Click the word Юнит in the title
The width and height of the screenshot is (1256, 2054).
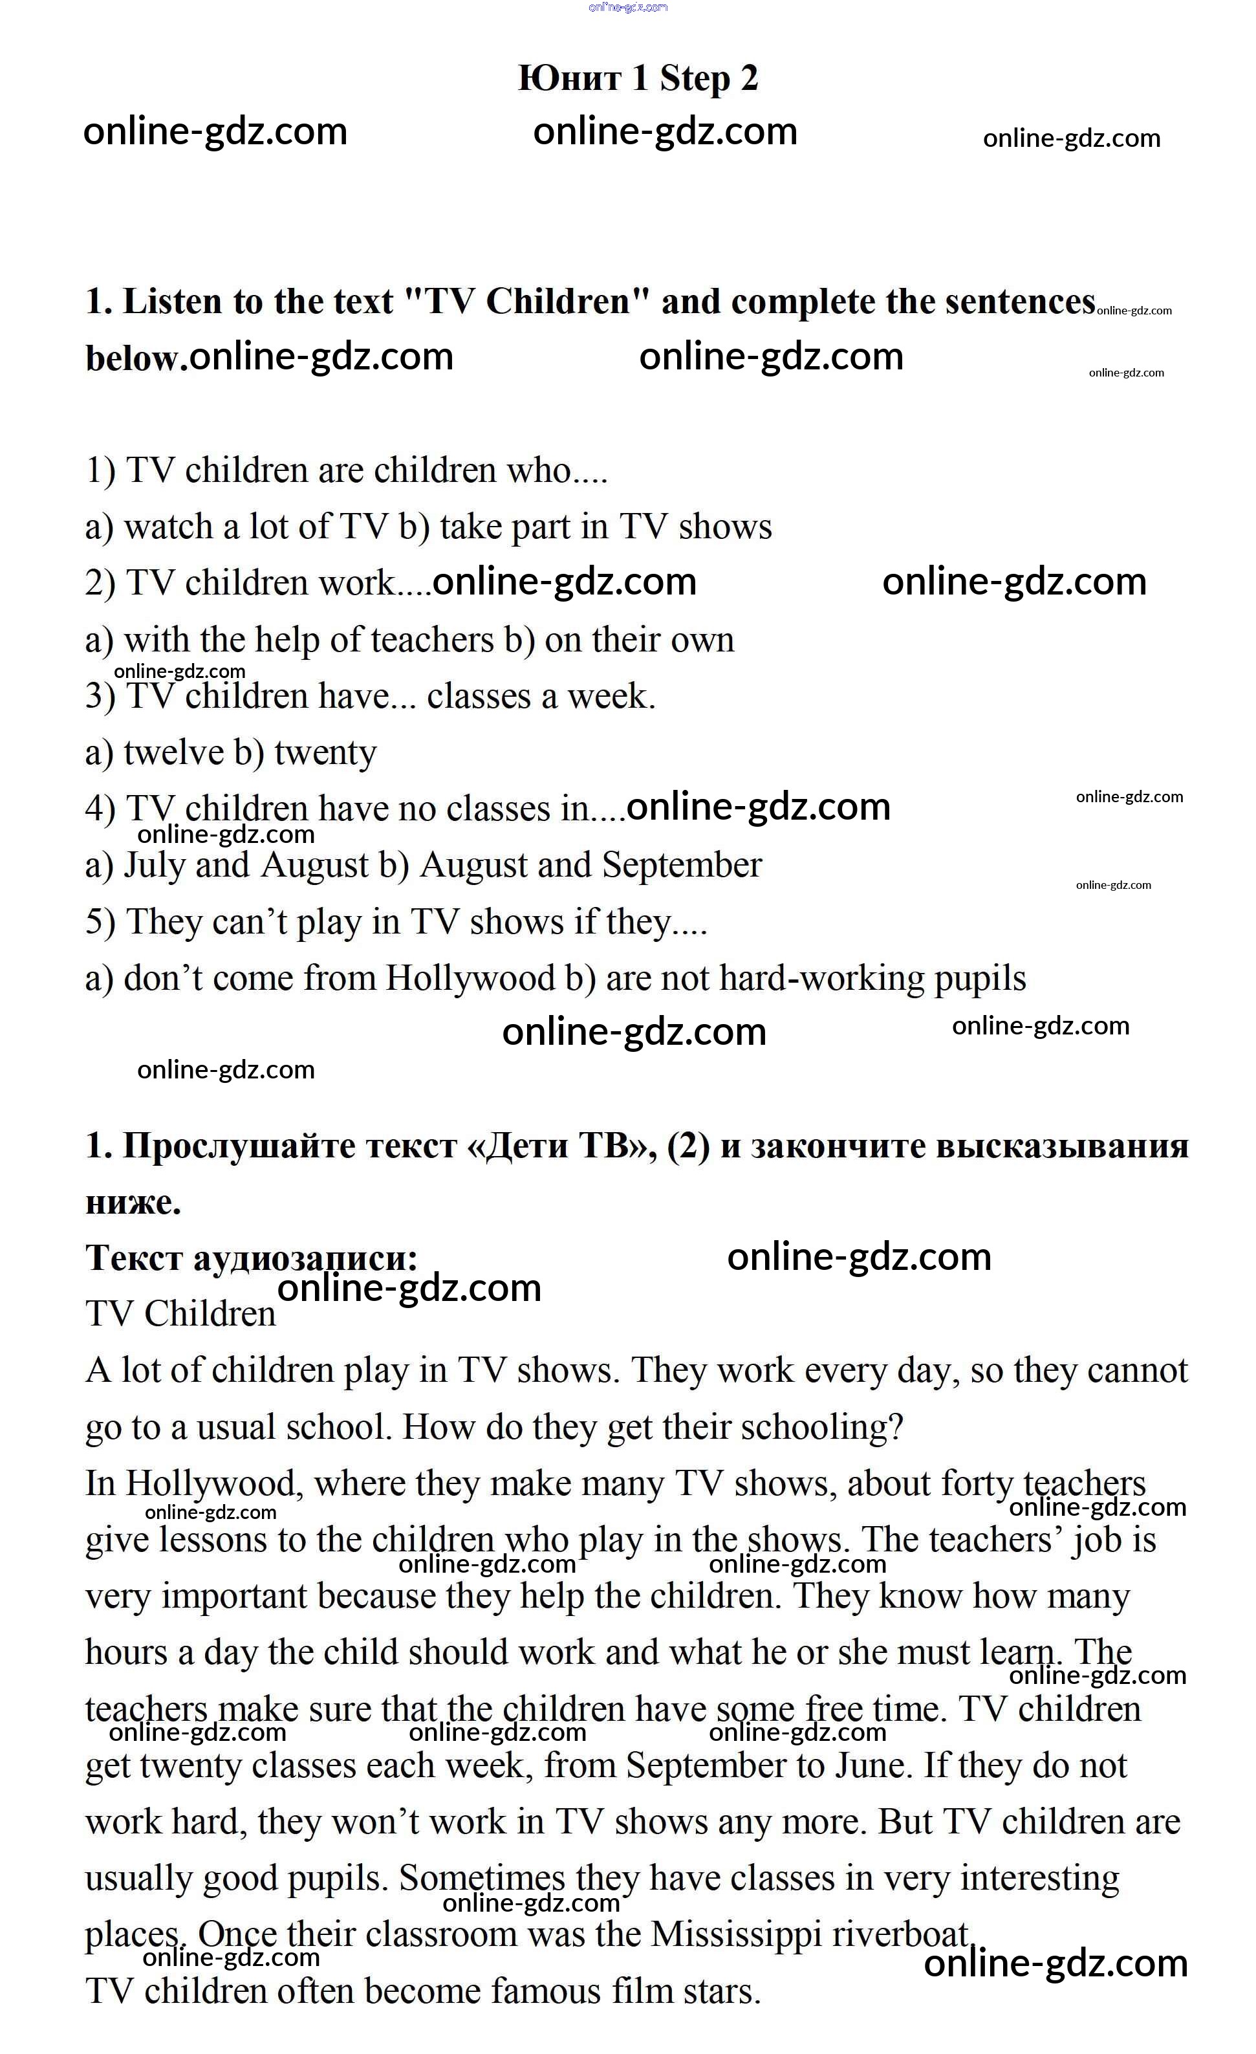(x=569, y=78)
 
